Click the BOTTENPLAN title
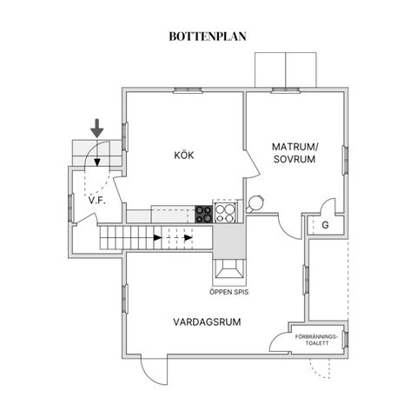(x=208, y=36)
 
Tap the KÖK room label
(x=184, y=155)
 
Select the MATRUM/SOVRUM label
(x=295, y=153)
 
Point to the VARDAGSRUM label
(x=207, y=322)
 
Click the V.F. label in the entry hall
(x=97, y=201)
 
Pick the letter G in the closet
(x=325, y=225)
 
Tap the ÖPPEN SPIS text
(x=229, y=292)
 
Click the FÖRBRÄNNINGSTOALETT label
(x=316, y=340)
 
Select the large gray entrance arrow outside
(x=96, y=129)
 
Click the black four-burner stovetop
(x=204, y=214)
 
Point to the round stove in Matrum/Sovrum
(x=255, y=202)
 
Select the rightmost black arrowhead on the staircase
(x=189, y=238)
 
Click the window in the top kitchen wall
(x=188, y=90)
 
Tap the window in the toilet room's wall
(x=345, y=339)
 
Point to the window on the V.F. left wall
(x=70, y=208)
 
